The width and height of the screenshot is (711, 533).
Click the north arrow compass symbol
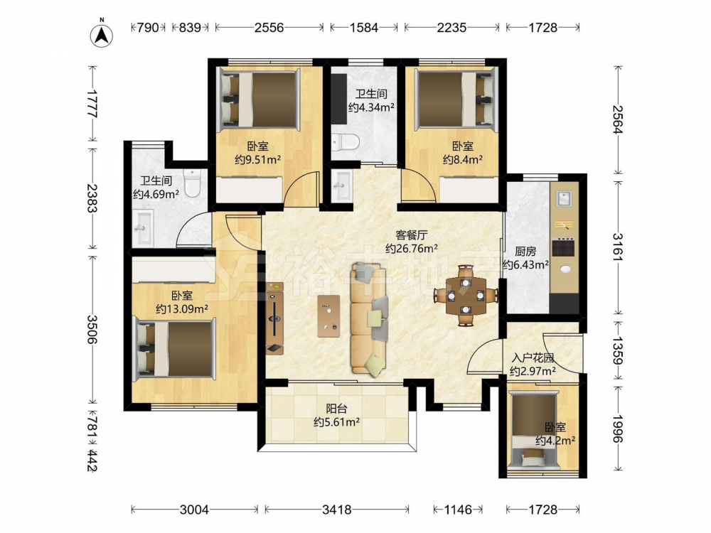[x=102, y=34]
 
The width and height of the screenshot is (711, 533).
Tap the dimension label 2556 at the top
[x=269, y=28]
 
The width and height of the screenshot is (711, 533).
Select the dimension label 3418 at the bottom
[x=336, y=510]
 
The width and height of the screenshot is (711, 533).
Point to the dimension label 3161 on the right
[x=618, y=247]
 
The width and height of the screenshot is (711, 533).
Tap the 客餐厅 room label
[x=411, y=235]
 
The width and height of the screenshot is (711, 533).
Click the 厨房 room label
[x=525, y=252]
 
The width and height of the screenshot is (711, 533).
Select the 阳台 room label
[x=336, y=409]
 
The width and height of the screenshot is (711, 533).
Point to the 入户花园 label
[x=533, y=358]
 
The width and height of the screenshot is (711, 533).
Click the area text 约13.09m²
[x=182, y=309]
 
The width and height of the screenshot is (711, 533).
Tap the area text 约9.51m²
[x=257, y=159]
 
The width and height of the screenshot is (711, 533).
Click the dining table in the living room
[x=466, y=296]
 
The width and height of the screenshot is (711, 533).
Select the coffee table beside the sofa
[x=328, y=316]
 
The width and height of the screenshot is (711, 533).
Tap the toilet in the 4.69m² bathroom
[x=192, y=183]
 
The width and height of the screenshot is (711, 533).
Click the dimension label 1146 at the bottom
[x=458, y=510]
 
